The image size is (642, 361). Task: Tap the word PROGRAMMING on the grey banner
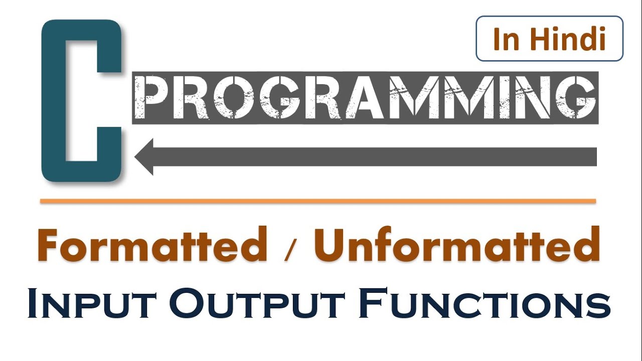pos(365,97)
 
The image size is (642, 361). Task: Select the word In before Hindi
pos(506,39)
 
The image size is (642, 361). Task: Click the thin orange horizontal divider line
pos(318,201)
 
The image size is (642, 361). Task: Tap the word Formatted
pos(152,244)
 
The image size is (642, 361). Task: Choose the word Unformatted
pos(457,244)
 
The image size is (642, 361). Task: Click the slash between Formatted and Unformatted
pos(290,249)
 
